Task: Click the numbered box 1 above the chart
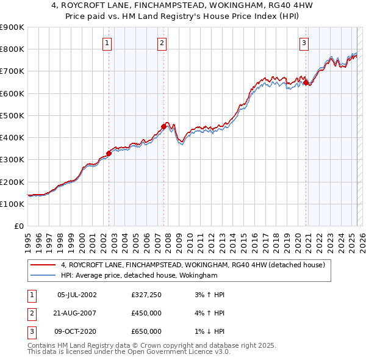107,43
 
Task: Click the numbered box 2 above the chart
162,43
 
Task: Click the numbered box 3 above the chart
304,43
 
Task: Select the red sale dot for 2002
109,153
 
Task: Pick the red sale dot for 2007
163,126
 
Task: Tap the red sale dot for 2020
306,82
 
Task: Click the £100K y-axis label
12,204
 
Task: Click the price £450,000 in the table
146,313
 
